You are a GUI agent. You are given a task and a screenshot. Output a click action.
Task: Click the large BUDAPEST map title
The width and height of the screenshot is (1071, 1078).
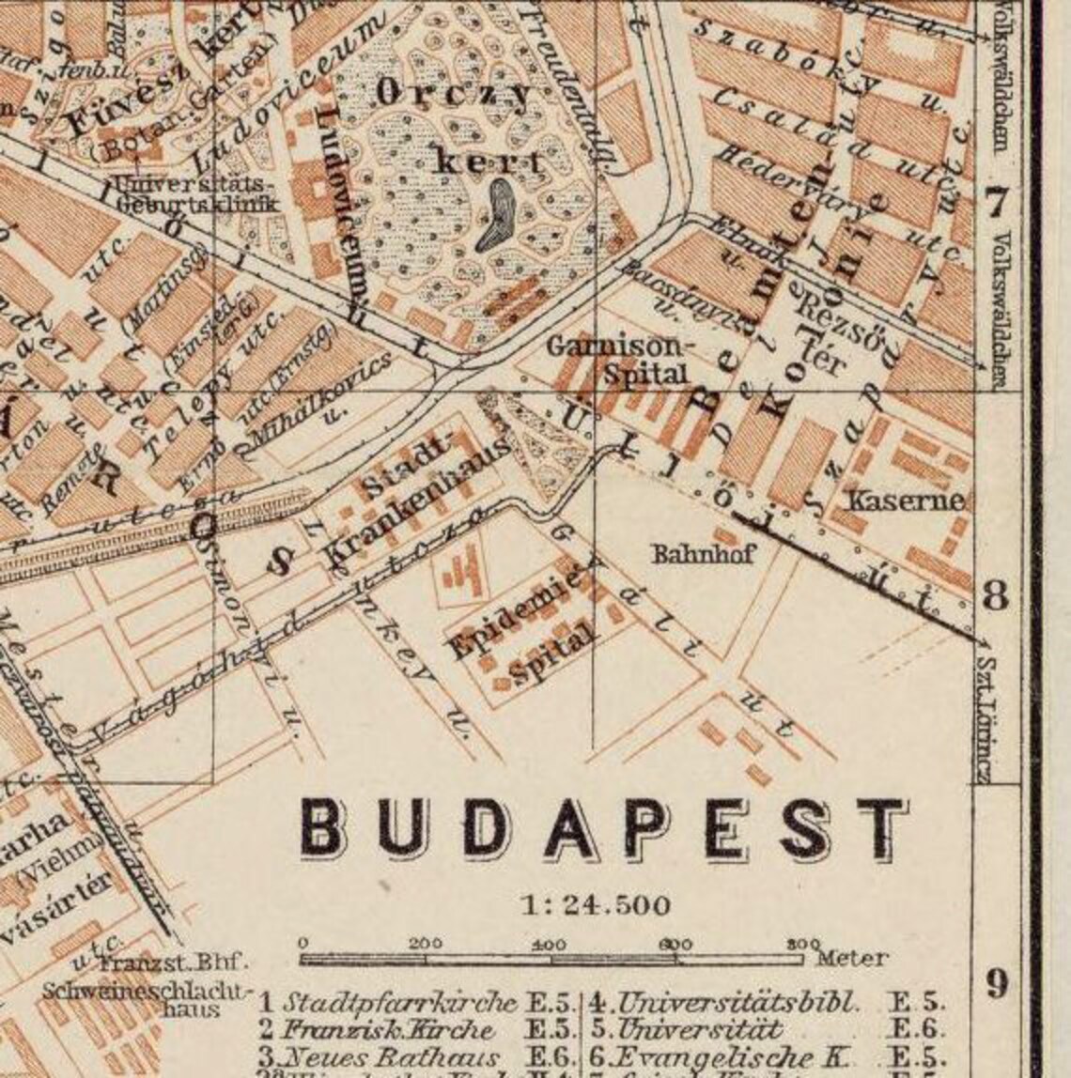tap(603, 829)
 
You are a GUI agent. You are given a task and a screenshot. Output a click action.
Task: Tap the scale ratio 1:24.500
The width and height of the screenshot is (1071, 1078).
tap(596, 905)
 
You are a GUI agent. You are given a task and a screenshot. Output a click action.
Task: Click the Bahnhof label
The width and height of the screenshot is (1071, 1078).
tap(704, 553)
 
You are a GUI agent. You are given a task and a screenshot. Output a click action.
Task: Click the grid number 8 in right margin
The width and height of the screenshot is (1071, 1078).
tap(996, 595)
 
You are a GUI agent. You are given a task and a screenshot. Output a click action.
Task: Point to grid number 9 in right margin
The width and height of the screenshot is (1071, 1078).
tap(997, 984)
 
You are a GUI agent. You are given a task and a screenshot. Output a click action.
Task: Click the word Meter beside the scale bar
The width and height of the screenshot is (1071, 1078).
tap(851, 958)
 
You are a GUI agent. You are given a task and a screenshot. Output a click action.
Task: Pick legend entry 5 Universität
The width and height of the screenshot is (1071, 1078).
tap(686, 1029)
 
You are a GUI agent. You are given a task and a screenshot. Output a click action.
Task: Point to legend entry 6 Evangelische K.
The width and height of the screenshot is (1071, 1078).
tap(705, 1057)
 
